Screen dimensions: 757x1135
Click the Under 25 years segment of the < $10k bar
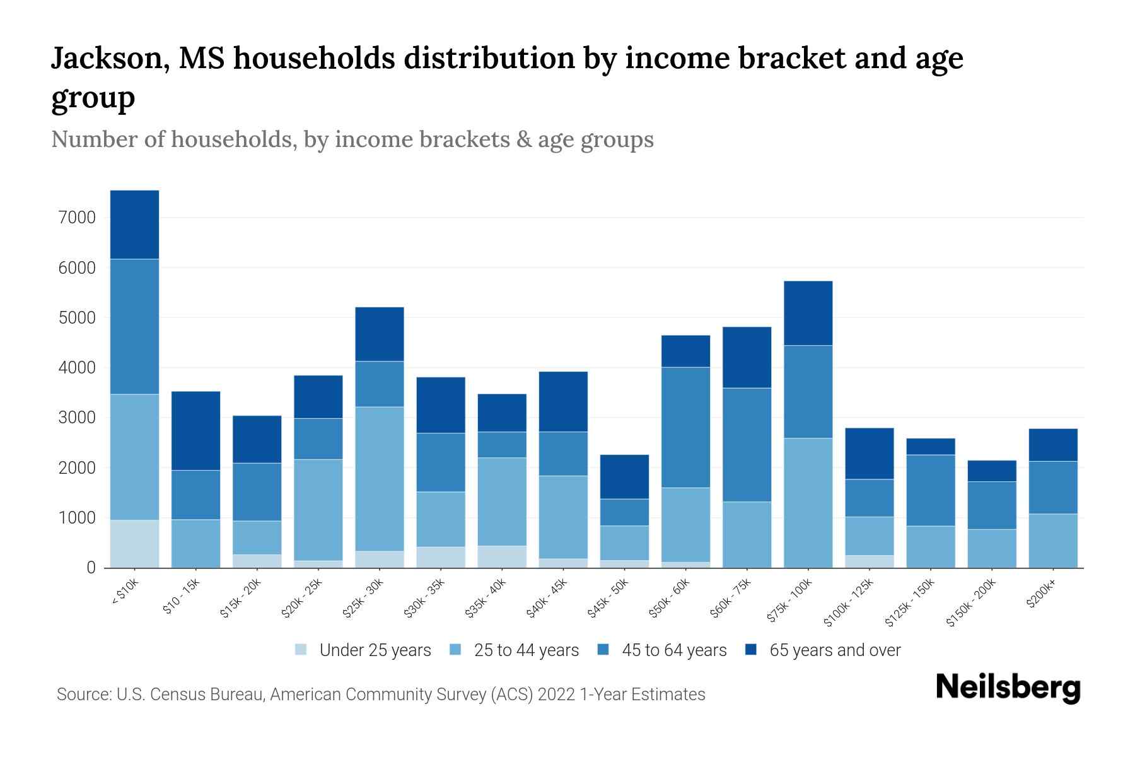point(134,544)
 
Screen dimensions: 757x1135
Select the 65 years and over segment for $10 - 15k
point(195,431)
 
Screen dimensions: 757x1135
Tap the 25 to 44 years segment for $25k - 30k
point(380,479)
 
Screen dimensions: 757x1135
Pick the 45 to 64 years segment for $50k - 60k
point(685,427)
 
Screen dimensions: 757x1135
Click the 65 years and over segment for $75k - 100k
point(808,313)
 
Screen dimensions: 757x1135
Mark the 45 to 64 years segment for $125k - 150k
point(930,490)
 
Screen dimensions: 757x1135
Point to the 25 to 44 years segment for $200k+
point(1052,541)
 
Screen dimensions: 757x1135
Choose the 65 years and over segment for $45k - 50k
point(624,477)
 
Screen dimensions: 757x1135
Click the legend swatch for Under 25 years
point(301,650)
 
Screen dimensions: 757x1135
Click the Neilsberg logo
point(1008,688)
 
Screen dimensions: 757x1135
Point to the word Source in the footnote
point(82,695)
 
